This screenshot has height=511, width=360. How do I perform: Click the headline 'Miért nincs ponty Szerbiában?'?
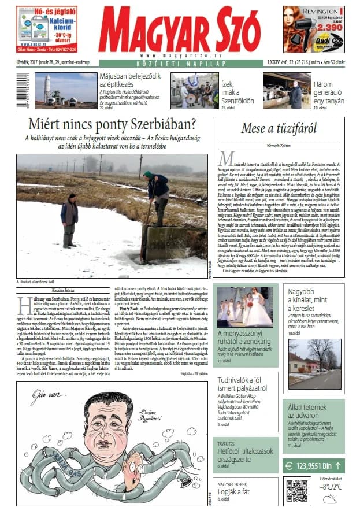point(112,124)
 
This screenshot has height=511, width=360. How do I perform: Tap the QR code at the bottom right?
point(296,491)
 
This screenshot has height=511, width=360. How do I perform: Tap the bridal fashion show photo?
point(244,308)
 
